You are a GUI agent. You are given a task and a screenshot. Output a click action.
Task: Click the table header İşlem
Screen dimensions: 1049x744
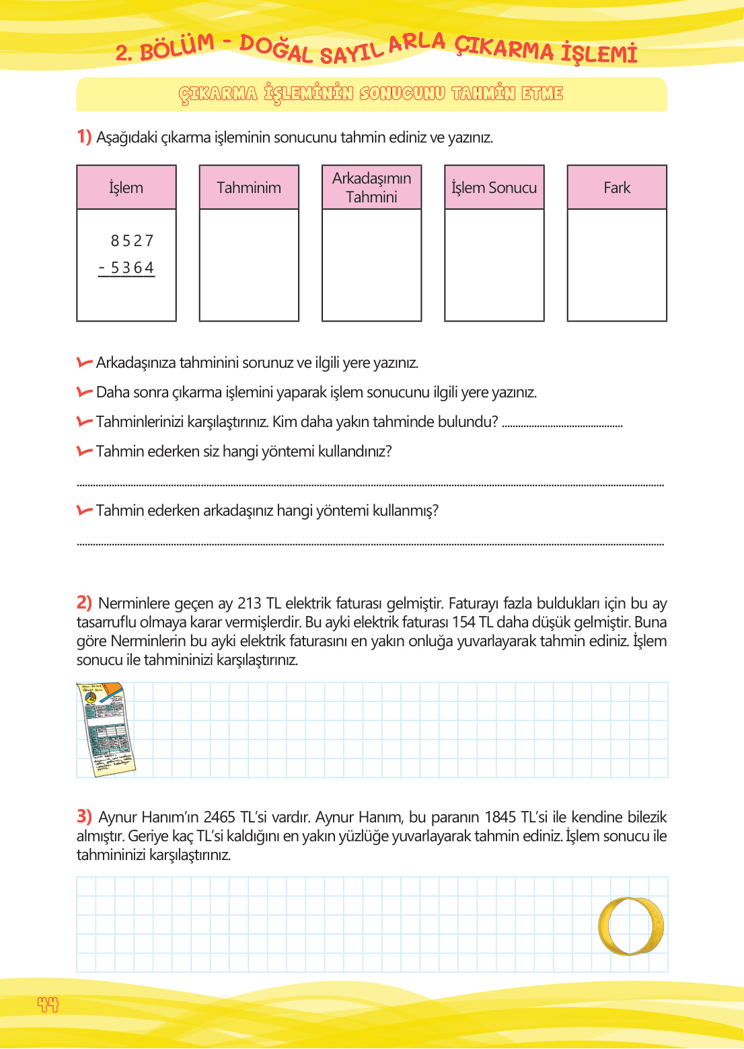[x=126, y=188]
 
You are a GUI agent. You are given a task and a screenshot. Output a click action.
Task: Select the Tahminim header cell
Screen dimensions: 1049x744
[x=249, y=188]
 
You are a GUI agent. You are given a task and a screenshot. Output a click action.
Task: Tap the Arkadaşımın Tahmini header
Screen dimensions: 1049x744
[x=371, y=188]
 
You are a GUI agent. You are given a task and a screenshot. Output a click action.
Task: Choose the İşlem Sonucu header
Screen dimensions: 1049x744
[x=494, y=188]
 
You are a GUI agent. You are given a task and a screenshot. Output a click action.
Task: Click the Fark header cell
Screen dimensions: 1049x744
[x=617, y=188]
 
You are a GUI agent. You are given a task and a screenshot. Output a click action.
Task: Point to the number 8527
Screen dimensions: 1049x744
[x=133, y=241]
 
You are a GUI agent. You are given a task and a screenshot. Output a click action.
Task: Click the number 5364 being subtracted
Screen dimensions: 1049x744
[x=132, y=268]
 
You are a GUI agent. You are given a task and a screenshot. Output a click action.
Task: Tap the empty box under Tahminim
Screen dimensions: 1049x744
[x=249, y=265]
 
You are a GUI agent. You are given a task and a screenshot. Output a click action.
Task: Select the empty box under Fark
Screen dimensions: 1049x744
[x=617, y=265]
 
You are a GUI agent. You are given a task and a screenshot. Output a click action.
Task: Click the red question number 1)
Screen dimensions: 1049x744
[x=84, y=137]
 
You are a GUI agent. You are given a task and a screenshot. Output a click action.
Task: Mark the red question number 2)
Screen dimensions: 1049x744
[x=84, y=603]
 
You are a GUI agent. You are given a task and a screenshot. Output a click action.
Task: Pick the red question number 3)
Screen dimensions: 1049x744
[x=84, y=816]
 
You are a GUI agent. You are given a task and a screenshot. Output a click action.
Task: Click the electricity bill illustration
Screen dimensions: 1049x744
[x=106, y=730]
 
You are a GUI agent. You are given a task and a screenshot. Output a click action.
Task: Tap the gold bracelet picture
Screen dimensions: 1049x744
[x=631, y=926]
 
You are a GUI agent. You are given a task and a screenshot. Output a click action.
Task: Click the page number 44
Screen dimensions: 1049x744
[x=48, y=1005]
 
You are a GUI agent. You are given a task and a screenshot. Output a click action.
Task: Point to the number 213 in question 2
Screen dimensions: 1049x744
[x=250, y=603]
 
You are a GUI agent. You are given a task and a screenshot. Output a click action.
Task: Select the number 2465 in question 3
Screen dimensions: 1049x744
[x=219, y=817]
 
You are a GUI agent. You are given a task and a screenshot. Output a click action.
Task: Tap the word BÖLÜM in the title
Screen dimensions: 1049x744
[x=176, y=47]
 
